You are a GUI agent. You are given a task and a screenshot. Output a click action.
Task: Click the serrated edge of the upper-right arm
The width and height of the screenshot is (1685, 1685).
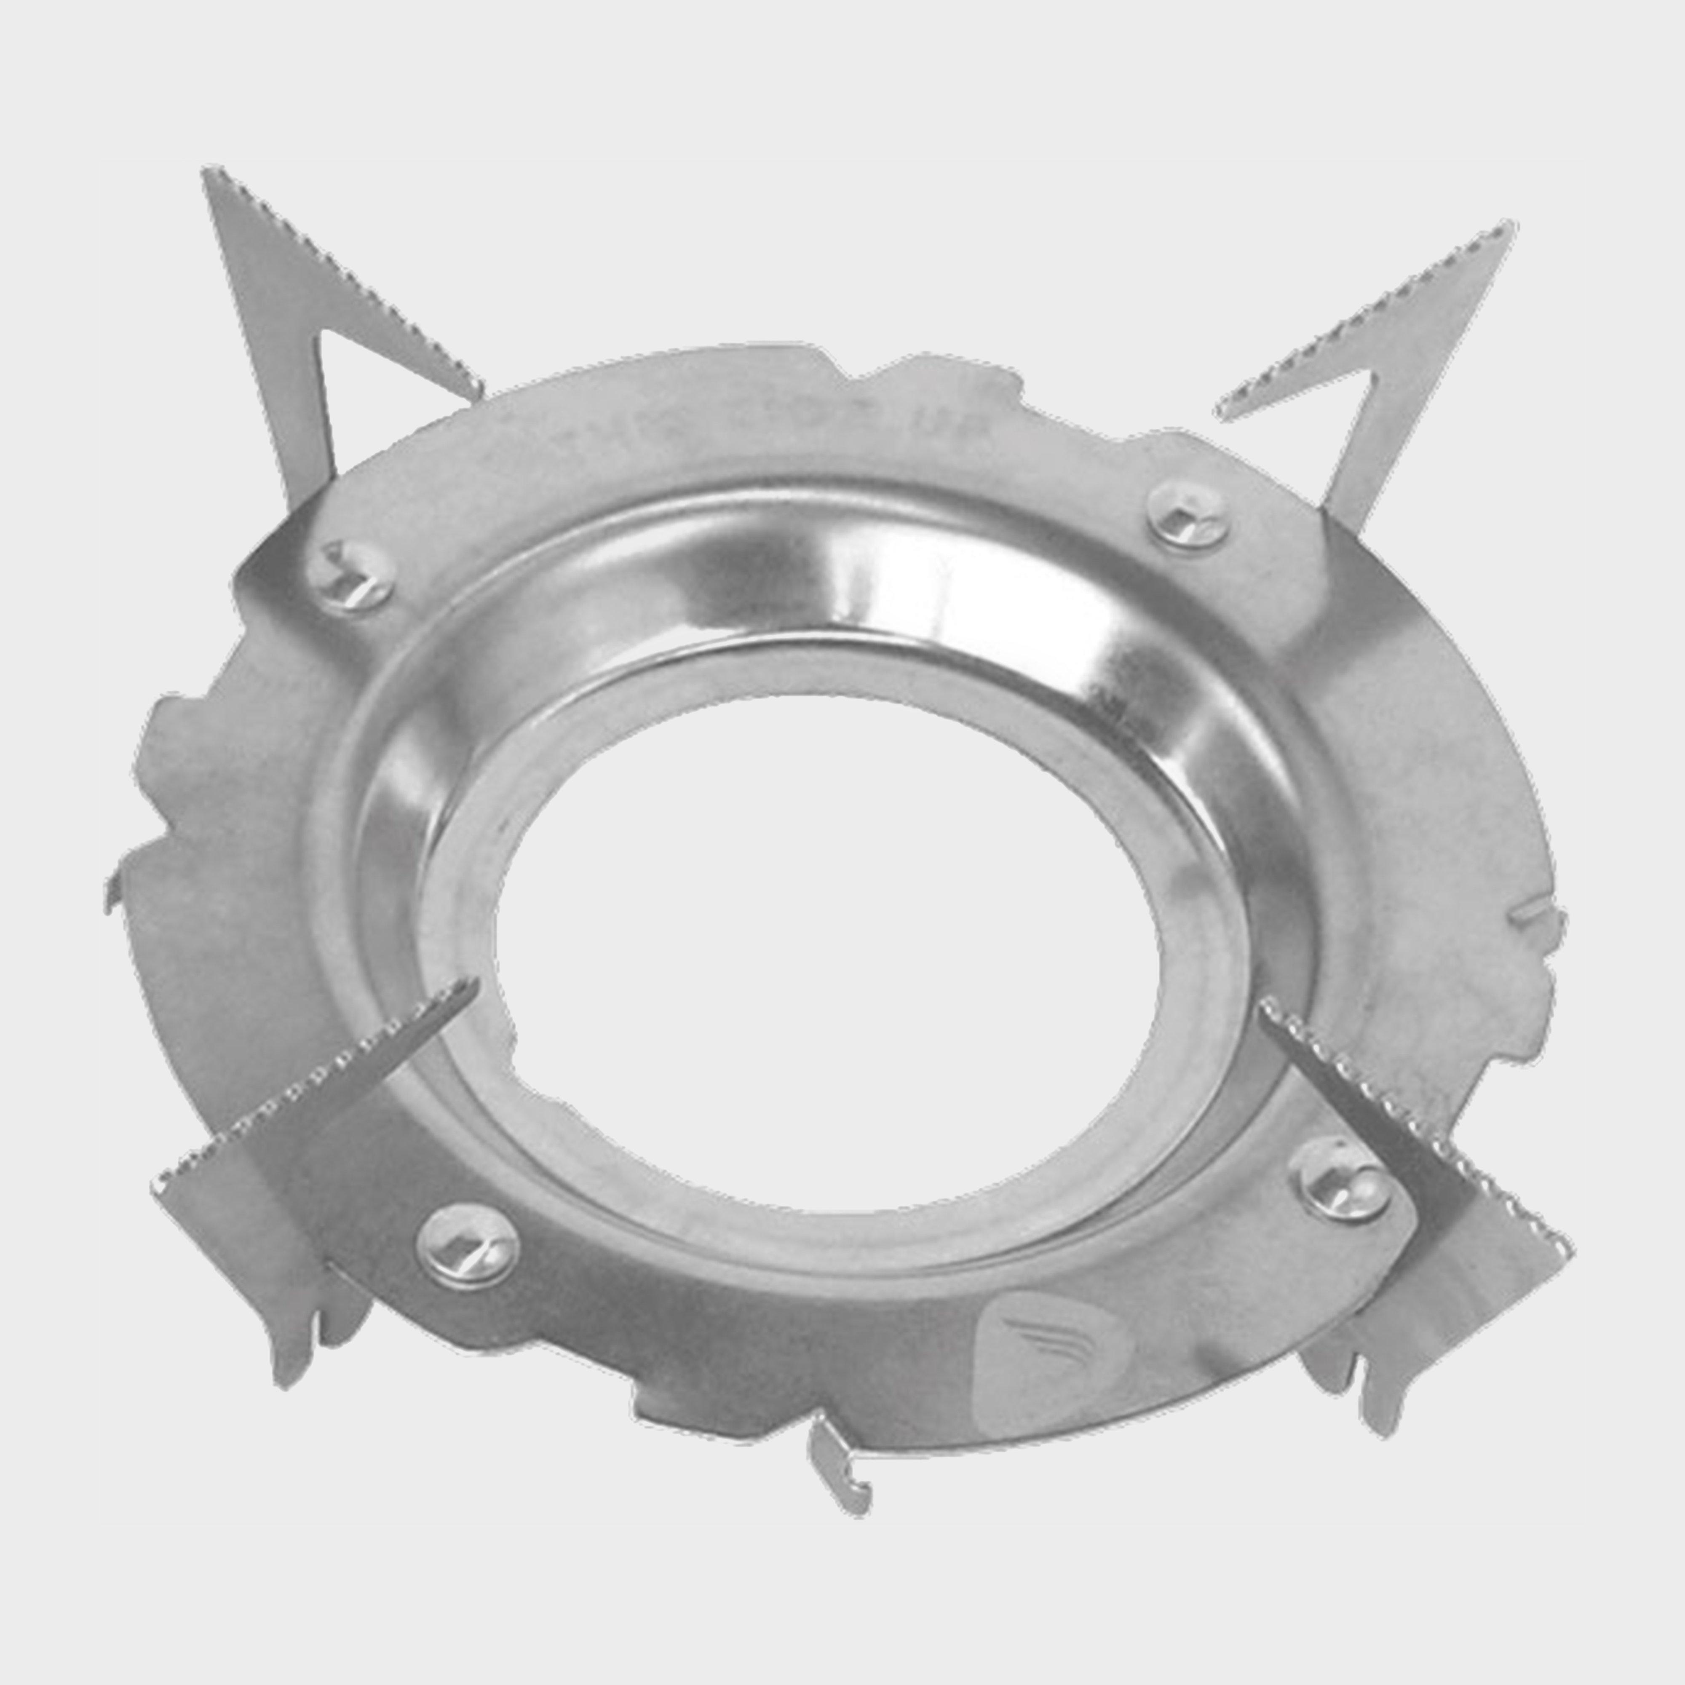tap(1369, 314)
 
